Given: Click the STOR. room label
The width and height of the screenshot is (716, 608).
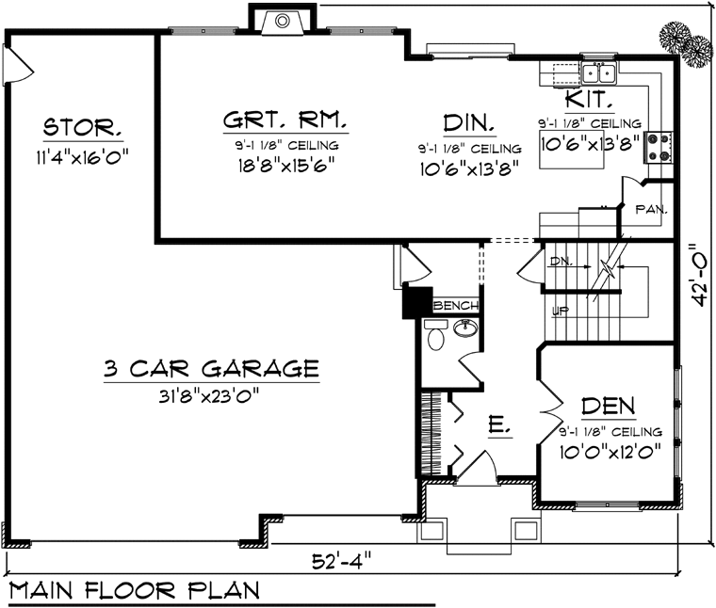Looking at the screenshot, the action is click(x=83, y=127).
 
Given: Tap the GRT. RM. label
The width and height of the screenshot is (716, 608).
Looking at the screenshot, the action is click(x=285, y=120).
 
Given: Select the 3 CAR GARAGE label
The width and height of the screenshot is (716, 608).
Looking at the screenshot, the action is click(x=211, y=369).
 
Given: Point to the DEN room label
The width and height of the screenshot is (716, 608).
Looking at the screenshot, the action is click(x=609, y=406).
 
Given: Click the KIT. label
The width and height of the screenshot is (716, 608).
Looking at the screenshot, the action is click(x=589, y=99).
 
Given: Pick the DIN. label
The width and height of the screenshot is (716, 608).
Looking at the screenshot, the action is click(x=469, y=122).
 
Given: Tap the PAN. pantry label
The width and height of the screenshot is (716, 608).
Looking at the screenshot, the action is click(x=652, y=209).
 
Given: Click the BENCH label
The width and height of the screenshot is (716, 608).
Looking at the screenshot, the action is click(x=455, y=305).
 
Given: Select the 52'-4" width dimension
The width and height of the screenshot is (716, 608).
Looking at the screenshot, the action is click(x=342, y=561).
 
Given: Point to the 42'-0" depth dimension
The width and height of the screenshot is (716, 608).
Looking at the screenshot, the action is click(x=700, y=274).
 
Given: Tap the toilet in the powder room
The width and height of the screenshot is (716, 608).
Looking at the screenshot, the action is click(x=435, y=334).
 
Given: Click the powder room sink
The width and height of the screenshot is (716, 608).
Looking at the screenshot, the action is click(x=465, y=328).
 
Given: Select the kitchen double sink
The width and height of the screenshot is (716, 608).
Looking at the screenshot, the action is click(x=598, y=73).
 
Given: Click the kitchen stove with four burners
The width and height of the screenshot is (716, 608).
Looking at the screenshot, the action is click(x=658, y=148).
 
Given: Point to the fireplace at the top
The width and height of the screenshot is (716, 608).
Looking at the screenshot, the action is click(x=283, y=21).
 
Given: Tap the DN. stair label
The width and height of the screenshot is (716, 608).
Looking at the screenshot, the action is click(x=560, y=261).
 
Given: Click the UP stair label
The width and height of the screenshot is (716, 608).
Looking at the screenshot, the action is click(x=561, y=312).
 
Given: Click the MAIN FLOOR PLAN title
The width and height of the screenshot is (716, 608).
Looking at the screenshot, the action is click(x=135, y=590).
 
